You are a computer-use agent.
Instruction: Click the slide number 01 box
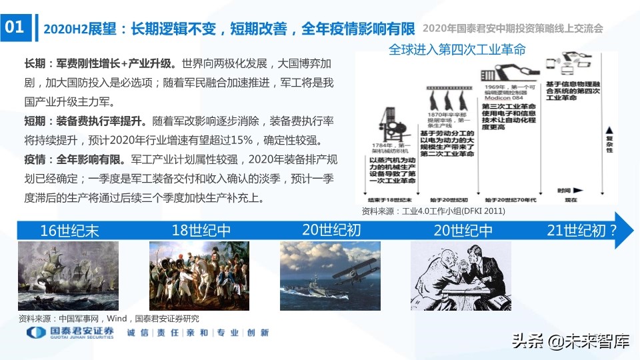tap(15, 27)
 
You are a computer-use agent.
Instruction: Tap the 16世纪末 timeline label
tap(69, 231)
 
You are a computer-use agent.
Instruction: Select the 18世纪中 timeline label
tap(201, 231)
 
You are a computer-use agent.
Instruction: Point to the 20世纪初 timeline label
tap(331, 231)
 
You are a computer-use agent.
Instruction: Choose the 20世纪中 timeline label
tap(463, 231)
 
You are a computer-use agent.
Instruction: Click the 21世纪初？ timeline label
tap(581, 231)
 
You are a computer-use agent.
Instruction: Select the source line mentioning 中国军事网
tap(109, 318)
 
